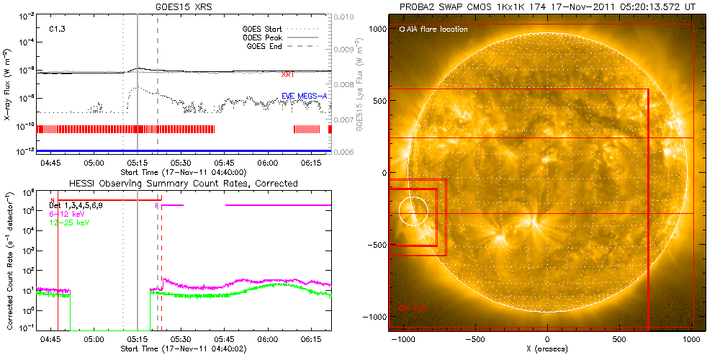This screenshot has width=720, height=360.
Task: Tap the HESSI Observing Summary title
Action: click(183, 184)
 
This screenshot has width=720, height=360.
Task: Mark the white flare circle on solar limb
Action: click(413, 212)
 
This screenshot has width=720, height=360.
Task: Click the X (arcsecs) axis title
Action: click(548, 348)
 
